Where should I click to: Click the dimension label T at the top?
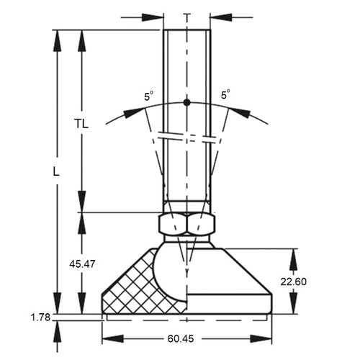(x=186, y=16)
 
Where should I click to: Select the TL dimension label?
(x=81, y=123)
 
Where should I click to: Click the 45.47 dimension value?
(x=81, y=264)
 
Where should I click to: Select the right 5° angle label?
(x=225, y=94)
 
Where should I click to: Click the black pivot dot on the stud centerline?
(x=186, y=102)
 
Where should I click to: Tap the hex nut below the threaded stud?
(x=186, y=225)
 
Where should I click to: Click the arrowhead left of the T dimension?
(x=156, y=16)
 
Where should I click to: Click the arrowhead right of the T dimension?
(x=219, y=16)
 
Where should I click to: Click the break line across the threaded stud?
(x=186, y=136)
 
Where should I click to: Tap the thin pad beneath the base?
(x=186, y=315)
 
